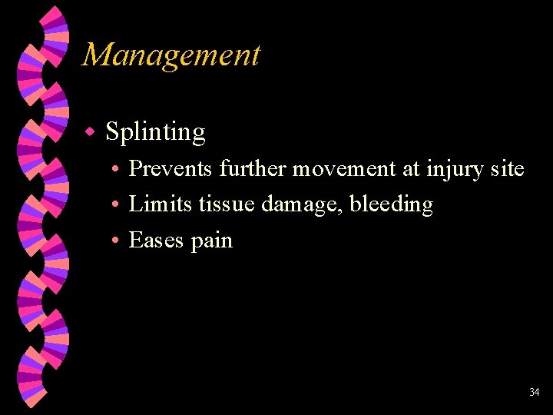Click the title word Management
tap(171, 55)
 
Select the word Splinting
tap(156, 132)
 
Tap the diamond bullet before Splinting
tap(89, 132)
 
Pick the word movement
tap(347, 168)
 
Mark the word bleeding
tap(392, 205)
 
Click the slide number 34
tap(534, 393)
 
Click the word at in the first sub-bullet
tap(411, 169)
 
